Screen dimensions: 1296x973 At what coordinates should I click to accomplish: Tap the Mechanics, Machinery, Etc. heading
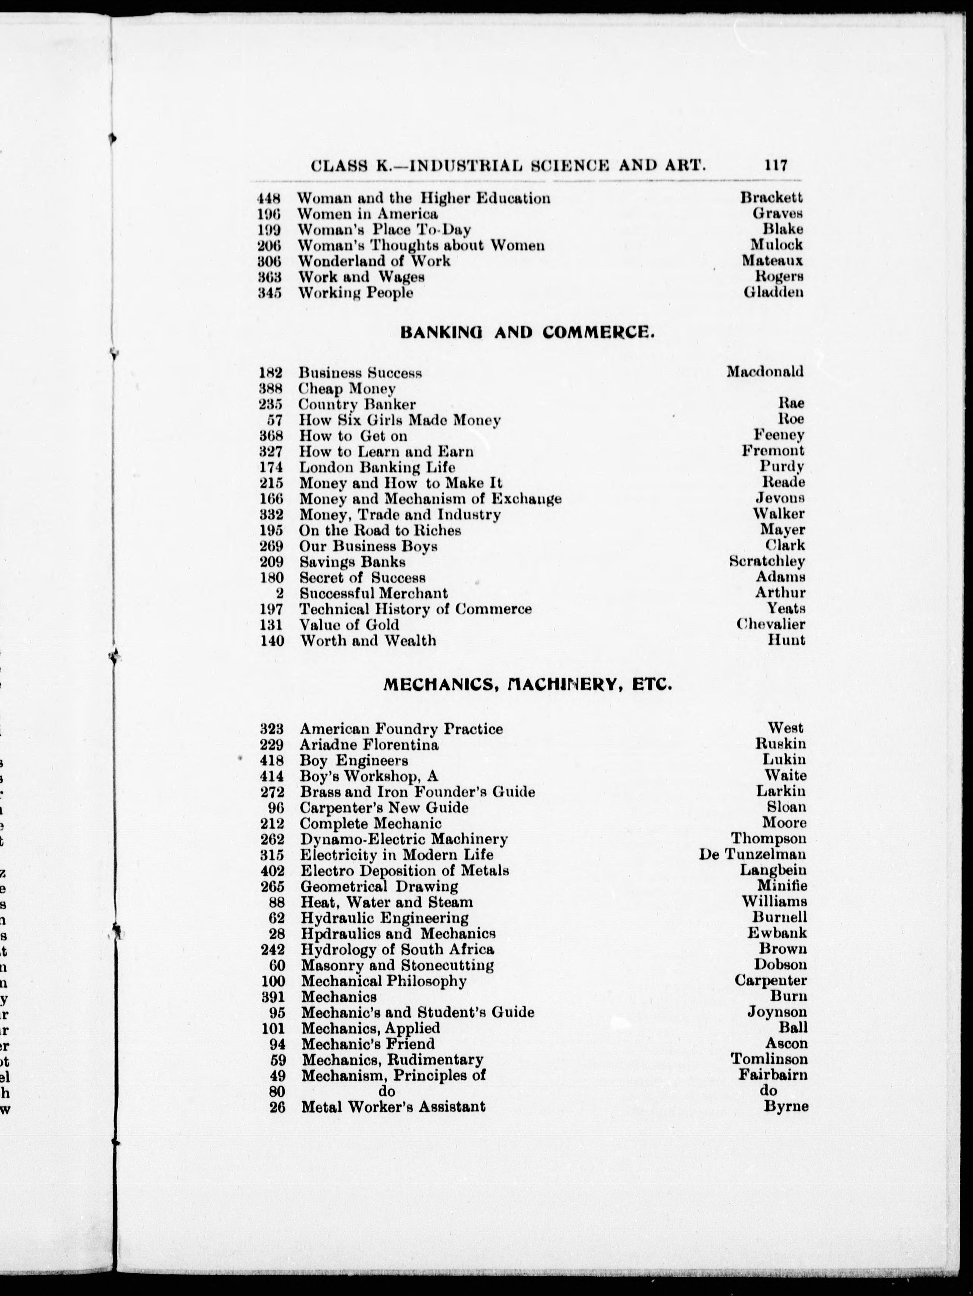[x=527, y=684]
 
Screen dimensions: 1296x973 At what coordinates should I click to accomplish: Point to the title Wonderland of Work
[x=374, y=261]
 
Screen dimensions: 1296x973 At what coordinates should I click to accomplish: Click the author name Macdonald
[x=765, y=371]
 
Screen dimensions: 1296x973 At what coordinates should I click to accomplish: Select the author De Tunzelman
[x=752, y=855]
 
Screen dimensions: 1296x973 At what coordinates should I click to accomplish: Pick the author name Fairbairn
[x=772, y=1075]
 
